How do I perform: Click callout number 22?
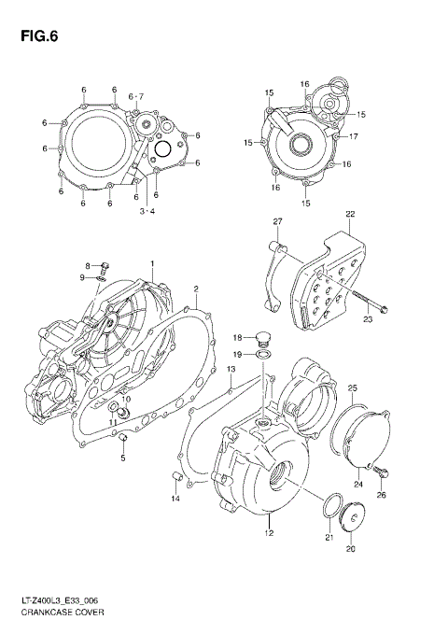pyautogui.click(x=350, y=215)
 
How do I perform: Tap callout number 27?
pyautogui.click(x=277, y=220)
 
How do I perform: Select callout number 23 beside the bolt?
pyautogui.click(x=367, y=319)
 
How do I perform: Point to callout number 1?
pyautogui.click(x=153, y=265)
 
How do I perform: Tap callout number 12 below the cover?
pyautogui.click(x=268, y=534)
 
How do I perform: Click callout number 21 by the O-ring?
pyautogui.click(x=329, y=538)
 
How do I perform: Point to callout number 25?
pyautogui.click(x=352, y=387)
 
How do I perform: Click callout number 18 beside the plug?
pyautogui.click(x=237, y=337)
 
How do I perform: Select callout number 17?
pyautogui.click(x=354, y=136)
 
